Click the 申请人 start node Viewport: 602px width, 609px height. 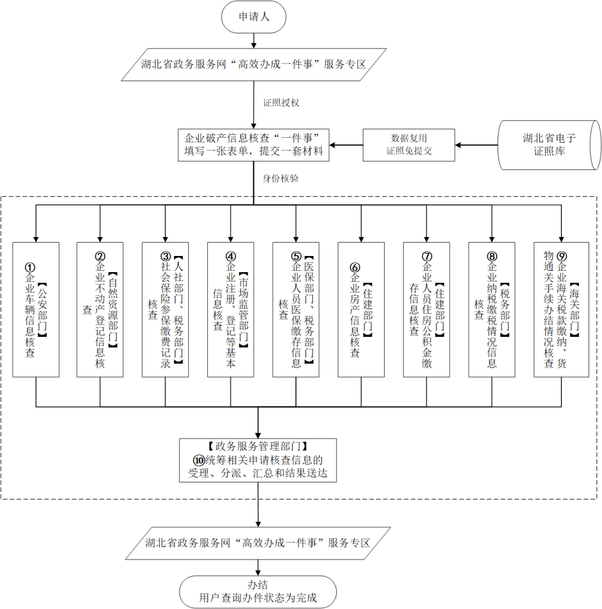tap(254, 17)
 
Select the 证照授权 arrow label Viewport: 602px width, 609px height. tap(281, 103)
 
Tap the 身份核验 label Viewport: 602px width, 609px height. tap(281, 178)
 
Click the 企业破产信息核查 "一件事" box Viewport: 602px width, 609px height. tap(254, 145)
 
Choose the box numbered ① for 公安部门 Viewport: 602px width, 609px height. tap(36, 310)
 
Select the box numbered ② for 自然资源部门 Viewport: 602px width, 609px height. tap(100, 310)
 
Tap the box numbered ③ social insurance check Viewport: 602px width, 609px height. tap(165, 310)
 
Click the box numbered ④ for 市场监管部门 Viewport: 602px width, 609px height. tap(230, 310)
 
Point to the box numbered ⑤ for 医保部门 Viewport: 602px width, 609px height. tap(295, 310)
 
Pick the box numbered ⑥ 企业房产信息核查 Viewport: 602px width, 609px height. tap(361, 310)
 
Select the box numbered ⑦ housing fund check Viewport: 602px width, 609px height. tap(426, 310)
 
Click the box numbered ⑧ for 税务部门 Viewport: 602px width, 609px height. tap(491, 310)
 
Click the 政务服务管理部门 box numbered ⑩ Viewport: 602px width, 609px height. tap(259, 460)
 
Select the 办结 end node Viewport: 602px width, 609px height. tap(258, 592)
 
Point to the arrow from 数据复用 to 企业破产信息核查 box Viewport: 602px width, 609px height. tap(346, 146)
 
